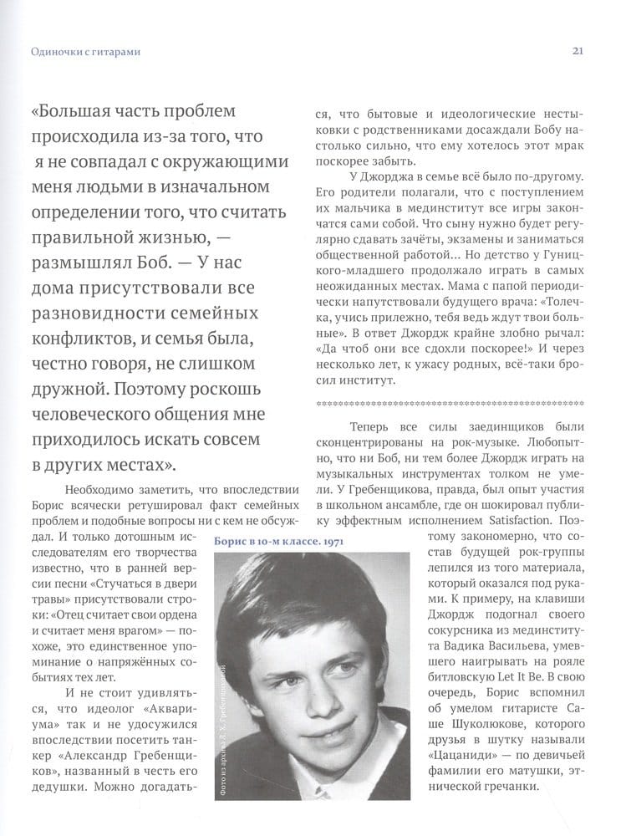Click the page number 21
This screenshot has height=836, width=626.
[578, 51]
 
